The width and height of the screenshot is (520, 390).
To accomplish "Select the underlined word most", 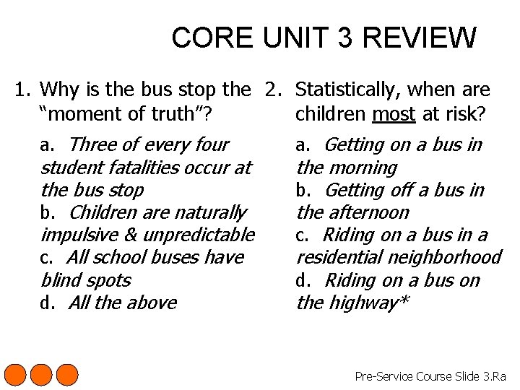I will (x=394, y=113).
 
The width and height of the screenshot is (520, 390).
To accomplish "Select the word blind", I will (x=61, y=280).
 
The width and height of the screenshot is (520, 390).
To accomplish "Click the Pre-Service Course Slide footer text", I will (x=430, y=376).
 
